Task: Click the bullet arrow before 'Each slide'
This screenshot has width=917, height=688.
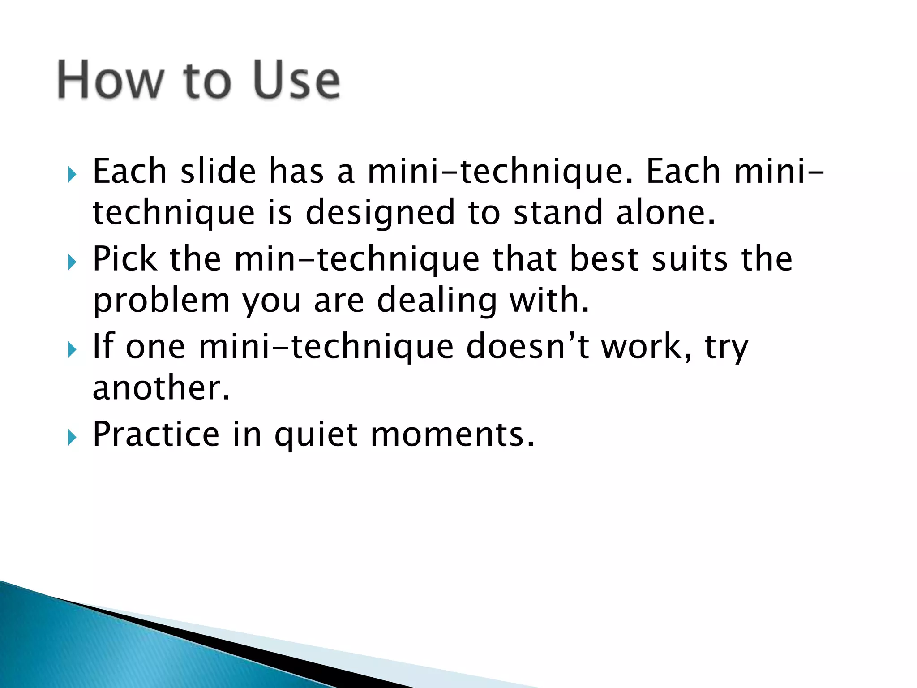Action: [72, 174]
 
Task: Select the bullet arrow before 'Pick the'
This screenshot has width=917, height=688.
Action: [72, 262]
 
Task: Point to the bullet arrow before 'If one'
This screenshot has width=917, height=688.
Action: [72, 349]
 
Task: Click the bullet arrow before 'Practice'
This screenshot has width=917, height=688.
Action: [72, 437]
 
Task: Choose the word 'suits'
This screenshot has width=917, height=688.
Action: [690, 259]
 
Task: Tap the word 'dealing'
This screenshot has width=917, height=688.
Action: [437, 301]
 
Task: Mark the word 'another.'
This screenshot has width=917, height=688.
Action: [161, 388]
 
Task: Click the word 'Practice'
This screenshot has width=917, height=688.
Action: [156, 434]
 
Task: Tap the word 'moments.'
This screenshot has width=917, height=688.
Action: [452, 434]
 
